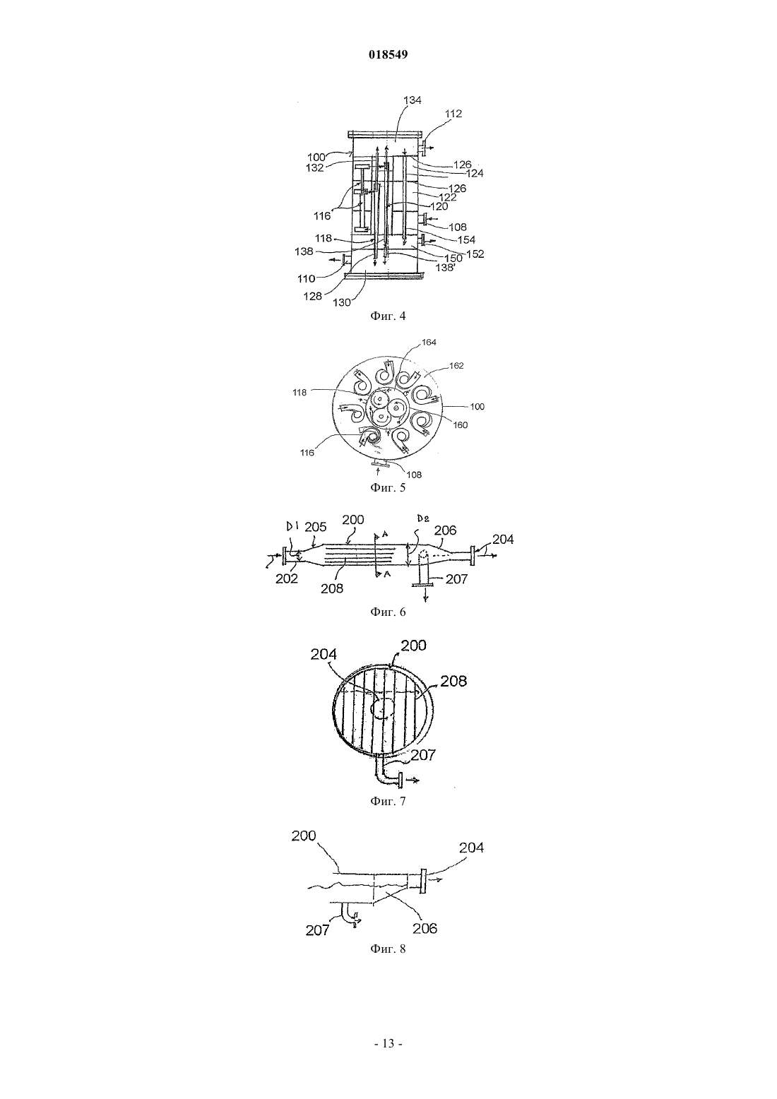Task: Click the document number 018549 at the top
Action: [x=388, y=55]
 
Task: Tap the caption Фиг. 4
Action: [x=388, y=316]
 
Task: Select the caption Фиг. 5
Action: [x=388, y=487]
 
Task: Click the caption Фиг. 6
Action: [x=388, y=612]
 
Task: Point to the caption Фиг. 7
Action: [x=388, y=801]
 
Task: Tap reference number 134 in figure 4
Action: [x=412, y=100]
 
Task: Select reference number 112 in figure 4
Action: [x=453, y=113]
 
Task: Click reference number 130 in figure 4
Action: [x=342, y=303]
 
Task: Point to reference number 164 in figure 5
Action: [x=429, y=343]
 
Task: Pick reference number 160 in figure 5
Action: [x=460, y=425]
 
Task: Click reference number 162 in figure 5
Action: [x=456, y=366]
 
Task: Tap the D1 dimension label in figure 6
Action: [x=292, y=527]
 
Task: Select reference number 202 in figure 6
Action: [x=287, y=579]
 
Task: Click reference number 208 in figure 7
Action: [x=453, y=681]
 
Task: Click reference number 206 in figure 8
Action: [x=425, y=928]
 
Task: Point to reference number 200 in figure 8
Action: [x=304, y=836]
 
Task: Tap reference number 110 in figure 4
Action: [x=306, y=279]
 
